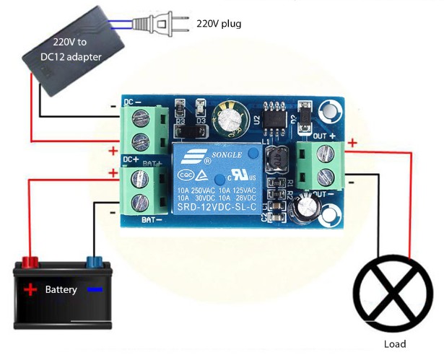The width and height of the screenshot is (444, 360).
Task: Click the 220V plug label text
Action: point(219,24)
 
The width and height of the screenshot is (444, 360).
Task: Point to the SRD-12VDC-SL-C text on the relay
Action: point(216,207)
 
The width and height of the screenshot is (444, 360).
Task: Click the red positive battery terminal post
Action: point(30,260)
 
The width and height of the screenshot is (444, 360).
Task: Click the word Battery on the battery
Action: point(61,290)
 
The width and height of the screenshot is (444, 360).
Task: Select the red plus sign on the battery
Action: point(30,290)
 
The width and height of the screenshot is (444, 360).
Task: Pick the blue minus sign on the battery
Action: point(95,290)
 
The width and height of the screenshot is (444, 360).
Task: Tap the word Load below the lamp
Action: point(394,344)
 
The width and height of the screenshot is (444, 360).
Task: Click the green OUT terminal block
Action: point(318,164)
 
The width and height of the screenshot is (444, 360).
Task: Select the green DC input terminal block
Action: point(141,127)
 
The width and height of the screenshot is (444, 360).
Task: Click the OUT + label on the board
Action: point(323,136)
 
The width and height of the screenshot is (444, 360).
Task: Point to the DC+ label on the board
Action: point(131,159)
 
